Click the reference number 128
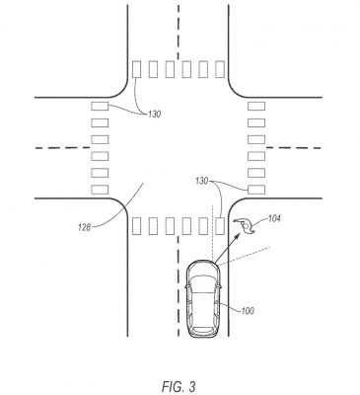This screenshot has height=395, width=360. pyautogui.click(x=85, y=227)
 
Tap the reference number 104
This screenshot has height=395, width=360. pyautogui.click(x=274, y=218)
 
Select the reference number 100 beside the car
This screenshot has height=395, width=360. pyautogui.click(x=248, y=310)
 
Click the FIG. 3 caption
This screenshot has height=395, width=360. pyautogui.click(x=179, y=386)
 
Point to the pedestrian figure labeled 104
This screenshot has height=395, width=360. pyautogui.click(x=245, y=226)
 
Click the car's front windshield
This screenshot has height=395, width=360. pyautogui.click(x=203, y=284)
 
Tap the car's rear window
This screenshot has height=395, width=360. pyautogui.click(x=202, y=330)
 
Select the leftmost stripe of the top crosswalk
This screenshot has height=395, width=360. pyautogui.click(x=136, y=69)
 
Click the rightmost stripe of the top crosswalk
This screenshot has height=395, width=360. pyautogui.click(x=220, y=69)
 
